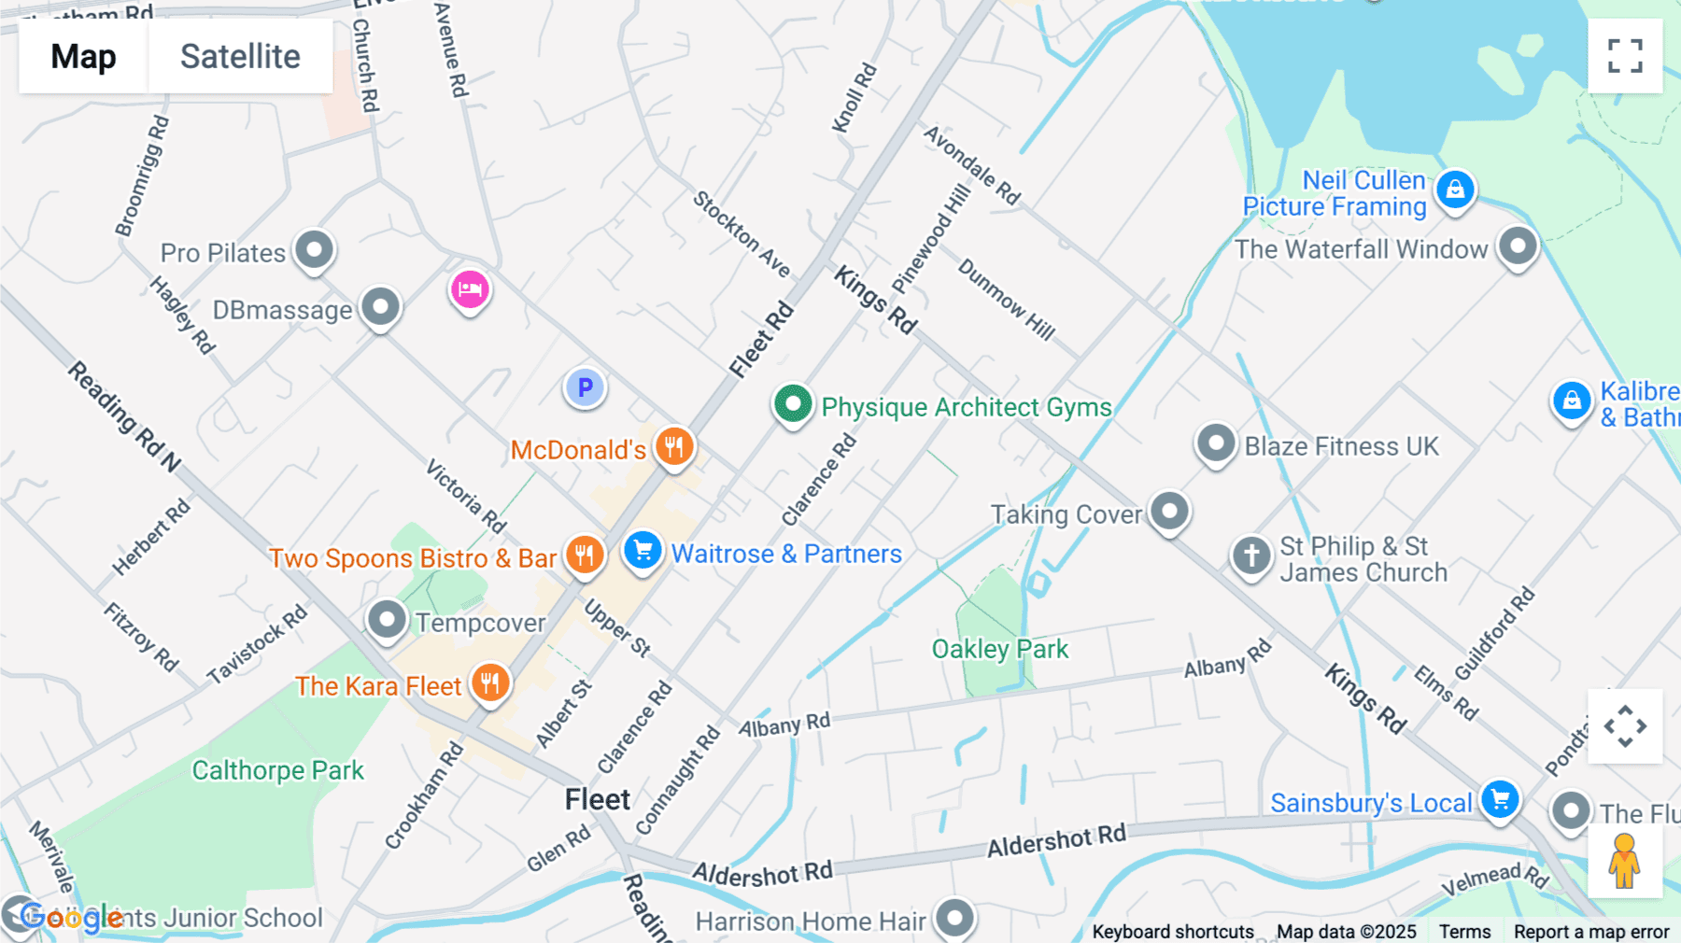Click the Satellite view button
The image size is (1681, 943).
pyautogui.click(x=240, y=56)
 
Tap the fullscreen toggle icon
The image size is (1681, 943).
pyautogui.click(x=1625, y=56)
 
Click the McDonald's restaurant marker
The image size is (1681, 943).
pyautogui.click(x=674, y=446)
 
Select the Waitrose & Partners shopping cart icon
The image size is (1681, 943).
pyautogui.click(x=643, y=550)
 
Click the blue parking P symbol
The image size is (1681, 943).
pyautogui.click(x=586, y=387)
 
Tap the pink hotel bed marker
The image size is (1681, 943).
pyautogui.click(x=470, y=289)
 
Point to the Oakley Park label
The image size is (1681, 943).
pyautogui.click(x=999, y=649)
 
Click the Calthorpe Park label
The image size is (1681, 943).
pyautogui.click(x=277, y=770)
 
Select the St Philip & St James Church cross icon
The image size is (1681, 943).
pyautogui.click(x=1251, y=556)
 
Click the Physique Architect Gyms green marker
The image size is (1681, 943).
pyautogui.click(x=793, y=405)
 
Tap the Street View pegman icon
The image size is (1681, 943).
pyautogui.click(x=1624, y=861)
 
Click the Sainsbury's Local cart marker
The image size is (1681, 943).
pyautogui.click(x=1501, y=799)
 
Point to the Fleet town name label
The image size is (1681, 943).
pyautogui.click(x=598, y=799)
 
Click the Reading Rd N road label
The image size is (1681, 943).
pyautogui.click(x=124, y=415)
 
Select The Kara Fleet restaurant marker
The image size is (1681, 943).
pyautogui.click(x=489, y=683)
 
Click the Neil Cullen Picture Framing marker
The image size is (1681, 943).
pyautogui.click(x=1455, y=190)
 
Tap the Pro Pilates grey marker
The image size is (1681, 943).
pyautogui.click(x=315, y=250)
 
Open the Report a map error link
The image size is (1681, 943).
pyautogui.click(x=1591, y=932)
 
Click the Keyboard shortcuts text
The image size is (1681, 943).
pyautogui.click(x=1173, y=932)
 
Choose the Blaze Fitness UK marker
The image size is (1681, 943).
pyautogui.click(x=1216, y=443)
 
